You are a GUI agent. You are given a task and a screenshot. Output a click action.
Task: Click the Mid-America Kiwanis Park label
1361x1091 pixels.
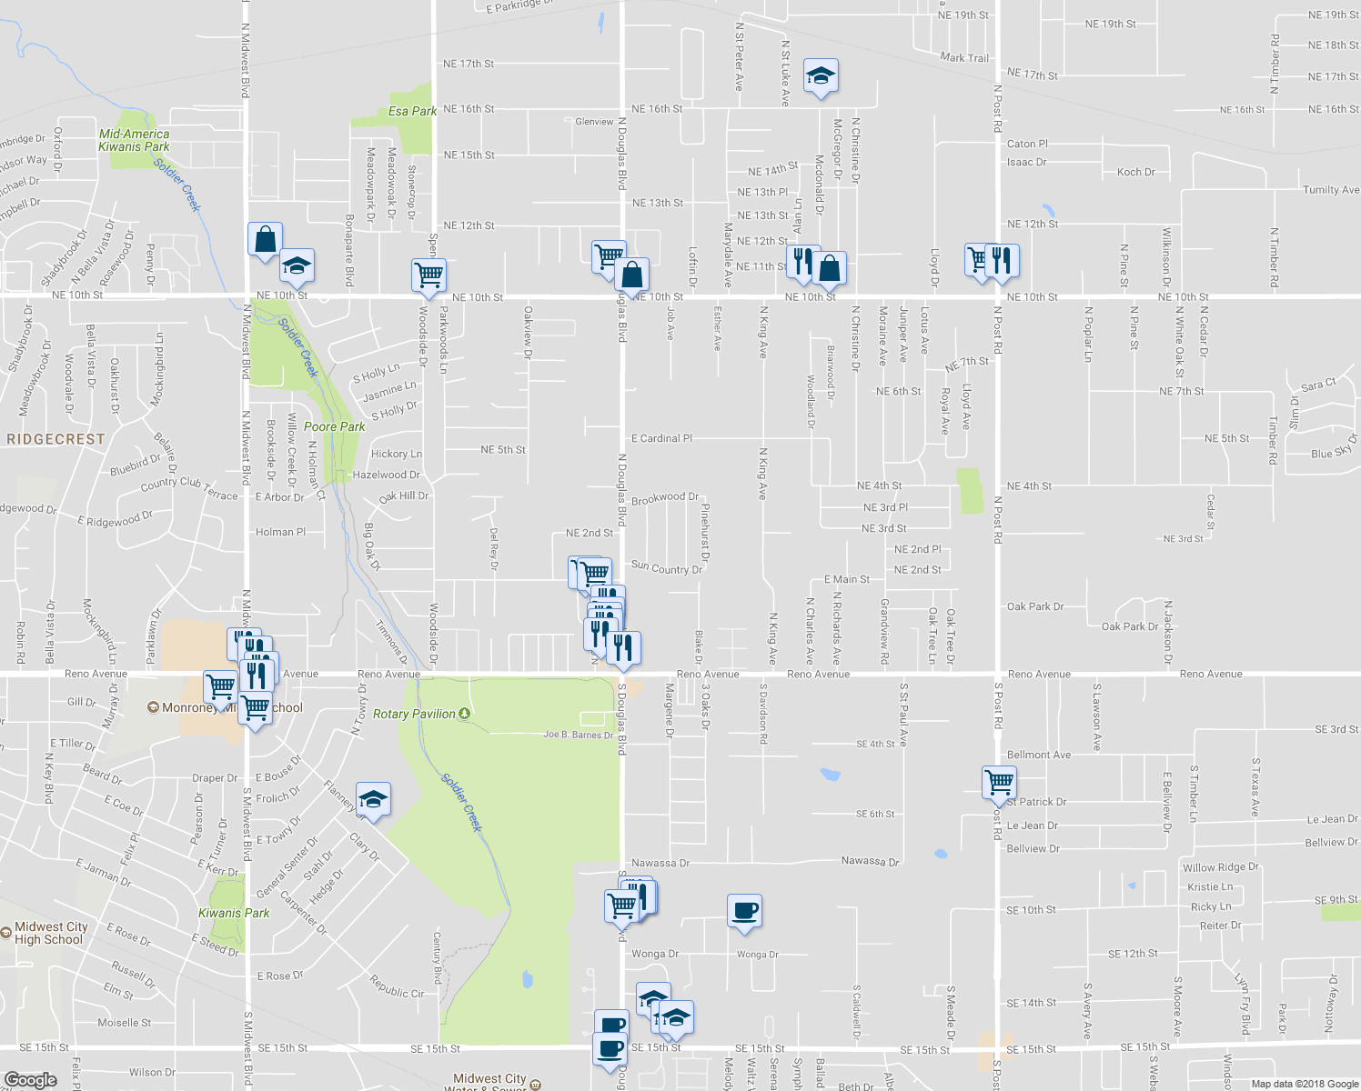click(134, 140)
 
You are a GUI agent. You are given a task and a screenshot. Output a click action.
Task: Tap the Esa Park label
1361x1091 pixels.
click(412, 111)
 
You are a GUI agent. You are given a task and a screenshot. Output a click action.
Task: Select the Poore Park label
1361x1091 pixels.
click(334, 426)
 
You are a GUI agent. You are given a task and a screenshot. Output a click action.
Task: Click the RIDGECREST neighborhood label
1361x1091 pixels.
click(55, 439)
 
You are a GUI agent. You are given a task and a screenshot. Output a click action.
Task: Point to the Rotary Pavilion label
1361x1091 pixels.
click(414, 714)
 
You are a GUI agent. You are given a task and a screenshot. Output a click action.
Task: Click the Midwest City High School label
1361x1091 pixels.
click(51, 933)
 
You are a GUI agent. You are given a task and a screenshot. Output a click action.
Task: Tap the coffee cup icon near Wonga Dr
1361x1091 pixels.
click(744, 911)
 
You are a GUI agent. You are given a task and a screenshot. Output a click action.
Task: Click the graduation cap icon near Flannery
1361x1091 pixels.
click(373, 799)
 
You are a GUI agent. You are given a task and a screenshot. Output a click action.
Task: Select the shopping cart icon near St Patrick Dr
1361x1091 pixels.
click(1000, 781)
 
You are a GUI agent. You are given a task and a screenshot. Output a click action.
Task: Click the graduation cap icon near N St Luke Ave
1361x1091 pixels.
click(821, 76)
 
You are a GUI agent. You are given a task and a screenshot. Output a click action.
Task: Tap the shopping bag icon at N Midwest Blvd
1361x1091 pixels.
click(265, 240)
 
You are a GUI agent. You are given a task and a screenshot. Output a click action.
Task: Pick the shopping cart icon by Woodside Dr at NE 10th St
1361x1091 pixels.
click(428, 274)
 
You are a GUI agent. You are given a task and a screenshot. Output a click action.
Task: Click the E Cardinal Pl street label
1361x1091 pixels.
click(661, 438)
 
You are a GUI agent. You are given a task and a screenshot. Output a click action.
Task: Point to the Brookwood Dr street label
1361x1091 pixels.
click(665, 498)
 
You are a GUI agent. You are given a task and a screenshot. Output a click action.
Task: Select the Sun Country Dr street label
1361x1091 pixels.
click(667, 568)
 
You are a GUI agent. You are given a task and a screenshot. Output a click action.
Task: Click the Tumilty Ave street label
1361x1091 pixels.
click(1331, 190)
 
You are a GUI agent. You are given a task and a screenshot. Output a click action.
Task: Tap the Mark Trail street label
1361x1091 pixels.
click(964, 57)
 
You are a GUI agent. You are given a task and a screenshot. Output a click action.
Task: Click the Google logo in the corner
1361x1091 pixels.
click(30, 1080)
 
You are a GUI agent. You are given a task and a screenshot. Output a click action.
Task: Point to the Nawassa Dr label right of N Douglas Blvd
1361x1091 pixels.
click(660, 863)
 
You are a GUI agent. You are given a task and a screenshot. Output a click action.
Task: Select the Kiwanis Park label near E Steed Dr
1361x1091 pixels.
click(234, 913)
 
